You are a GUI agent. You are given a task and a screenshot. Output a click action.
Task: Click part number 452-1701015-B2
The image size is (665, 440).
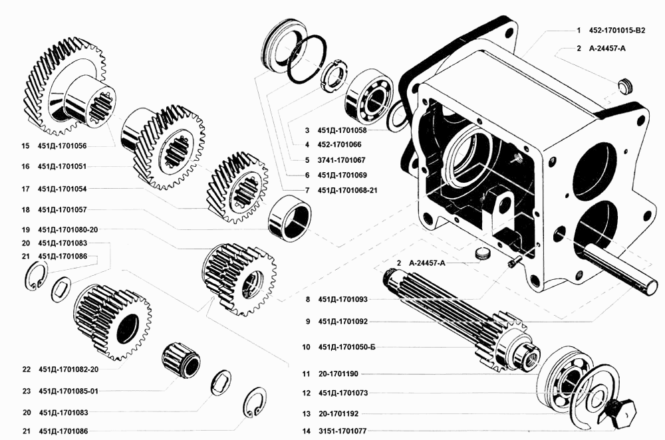tap(621, 31)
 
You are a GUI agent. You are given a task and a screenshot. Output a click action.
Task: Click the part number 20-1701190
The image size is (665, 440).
tap(339, 374)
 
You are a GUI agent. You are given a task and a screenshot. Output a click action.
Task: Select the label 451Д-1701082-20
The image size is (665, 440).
tap(69, 369)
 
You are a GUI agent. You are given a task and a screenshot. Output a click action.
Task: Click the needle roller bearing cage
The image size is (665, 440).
tap(180, 359)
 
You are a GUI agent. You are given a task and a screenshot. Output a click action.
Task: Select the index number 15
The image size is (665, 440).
tap(25, 146)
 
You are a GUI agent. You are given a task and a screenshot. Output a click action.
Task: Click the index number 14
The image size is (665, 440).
tap(306, 431)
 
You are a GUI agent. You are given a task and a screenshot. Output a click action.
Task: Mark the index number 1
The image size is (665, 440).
tap(579, 31)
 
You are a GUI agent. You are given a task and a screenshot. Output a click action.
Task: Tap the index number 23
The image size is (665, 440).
tap(25, 391)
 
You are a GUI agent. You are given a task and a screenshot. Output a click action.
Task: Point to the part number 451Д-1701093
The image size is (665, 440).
tap(344, 300)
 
